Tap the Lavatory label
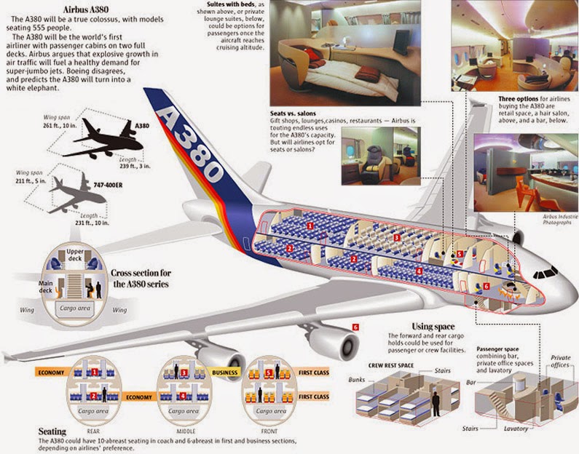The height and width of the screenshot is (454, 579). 519,429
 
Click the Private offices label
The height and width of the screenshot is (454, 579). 561,362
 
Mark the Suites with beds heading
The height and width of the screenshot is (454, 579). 233,4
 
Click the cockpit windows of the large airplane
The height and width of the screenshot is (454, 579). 544,275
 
